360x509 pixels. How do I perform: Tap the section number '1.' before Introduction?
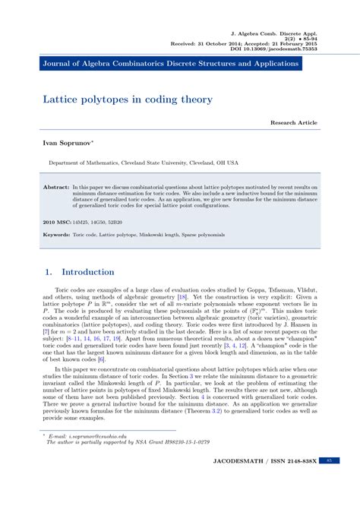(x=47, y=272)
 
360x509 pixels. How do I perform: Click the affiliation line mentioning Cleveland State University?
(x=144, y=163)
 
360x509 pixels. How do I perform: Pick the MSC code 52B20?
(x=114, y=222)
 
